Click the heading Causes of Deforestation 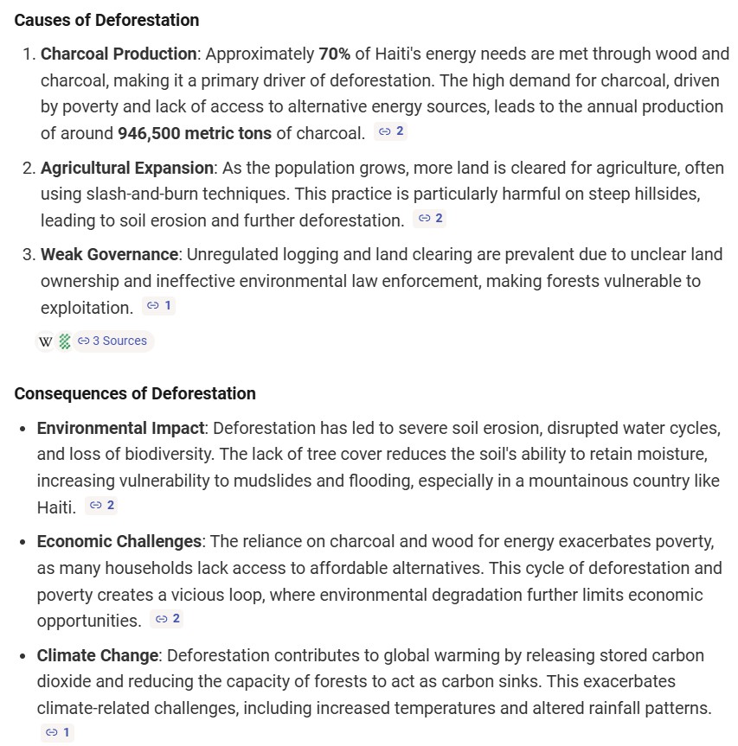pos(106,20)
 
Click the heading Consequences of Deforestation pos(134,393)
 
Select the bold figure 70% pos(335,54)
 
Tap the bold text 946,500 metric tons pos(196,133)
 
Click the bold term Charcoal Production pos(119,54)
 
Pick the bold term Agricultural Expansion pos(127,168)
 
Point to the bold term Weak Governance pos(109,255)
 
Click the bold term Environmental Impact pos(120,428)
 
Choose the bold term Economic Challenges pos(119,541)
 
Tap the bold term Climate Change pos(97,655)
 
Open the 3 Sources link pos(113,341)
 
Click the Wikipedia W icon pos(46,341)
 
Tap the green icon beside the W pos(65,341)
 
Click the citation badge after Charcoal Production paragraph pos(392,132)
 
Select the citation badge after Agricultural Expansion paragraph pos(430,219)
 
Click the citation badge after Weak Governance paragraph pos(159,306)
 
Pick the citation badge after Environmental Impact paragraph pos(102,506)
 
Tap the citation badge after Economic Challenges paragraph pos(166,619)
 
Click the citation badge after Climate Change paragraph pos(57,733)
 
